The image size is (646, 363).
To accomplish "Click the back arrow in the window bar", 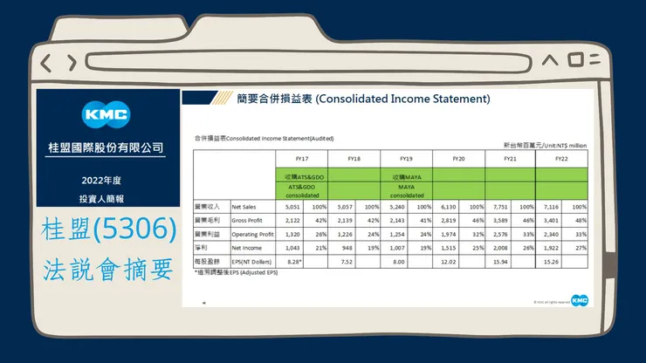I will tap(45, 62).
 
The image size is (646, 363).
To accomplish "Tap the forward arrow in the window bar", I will tap(69, 62).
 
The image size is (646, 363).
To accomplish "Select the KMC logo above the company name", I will tap(105, 114).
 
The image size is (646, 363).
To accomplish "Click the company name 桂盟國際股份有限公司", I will tap(105, 147).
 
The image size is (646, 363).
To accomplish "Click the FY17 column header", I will tap(304, 159).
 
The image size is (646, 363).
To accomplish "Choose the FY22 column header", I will tap(562, 159).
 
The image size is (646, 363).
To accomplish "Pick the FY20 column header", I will tap(458, 159).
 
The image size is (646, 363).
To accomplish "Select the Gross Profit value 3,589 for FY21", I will tap(497, 221).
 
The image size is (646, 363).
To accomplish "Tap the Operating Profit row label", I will tap(251, 234).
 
